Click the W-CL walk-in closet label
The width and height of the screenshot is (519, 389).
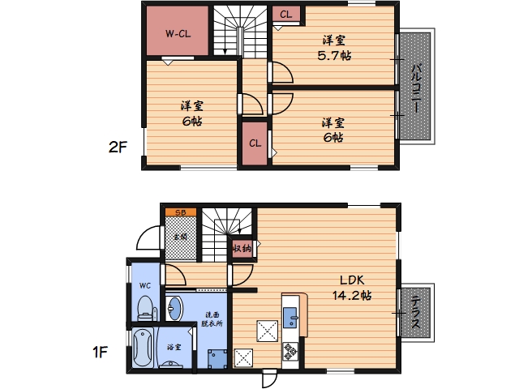178,34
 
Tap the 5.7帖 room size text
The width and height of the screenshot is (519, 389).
334,55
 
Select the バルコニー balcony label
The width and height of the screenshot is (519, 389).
416,88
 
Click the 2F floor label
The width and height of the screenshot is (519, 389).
118,147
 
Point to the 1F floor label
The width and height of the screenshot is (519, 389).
100,353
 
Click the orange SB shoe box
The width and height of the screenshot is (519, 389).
181,212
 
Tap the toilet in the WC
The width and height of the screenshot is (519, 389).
145,309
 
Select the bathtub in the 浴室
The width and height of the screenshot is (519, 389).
143,348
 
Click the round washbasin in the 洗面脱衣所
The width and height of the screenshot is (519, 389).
174,309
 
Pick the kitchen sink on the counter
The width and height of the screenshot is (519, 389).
290,318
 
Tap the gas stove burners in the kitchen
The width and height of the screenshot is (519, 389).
290,351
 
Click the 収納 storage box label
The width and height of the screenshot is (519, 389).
242,248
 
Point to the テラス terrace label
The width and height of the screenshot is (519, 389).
416,312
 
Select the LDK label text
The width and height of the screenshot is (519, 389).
352,280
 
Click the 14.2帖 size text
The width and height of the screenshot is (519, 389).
352,295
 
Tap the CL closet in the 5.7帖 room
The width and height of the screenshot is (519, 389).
286,15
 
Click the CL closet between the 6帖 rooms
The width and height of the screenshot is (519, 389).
255,143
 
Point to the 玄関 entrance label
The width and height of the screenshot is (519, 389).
181,237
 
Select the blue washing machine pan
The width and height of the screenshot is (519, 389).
217,359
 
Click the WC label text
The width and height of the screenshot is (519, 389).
144,285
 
